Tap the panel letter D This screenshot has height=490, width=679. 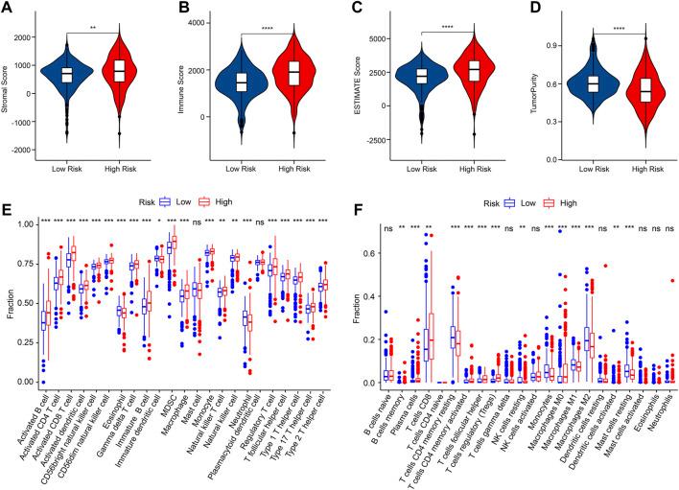[x=519, y=8]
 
